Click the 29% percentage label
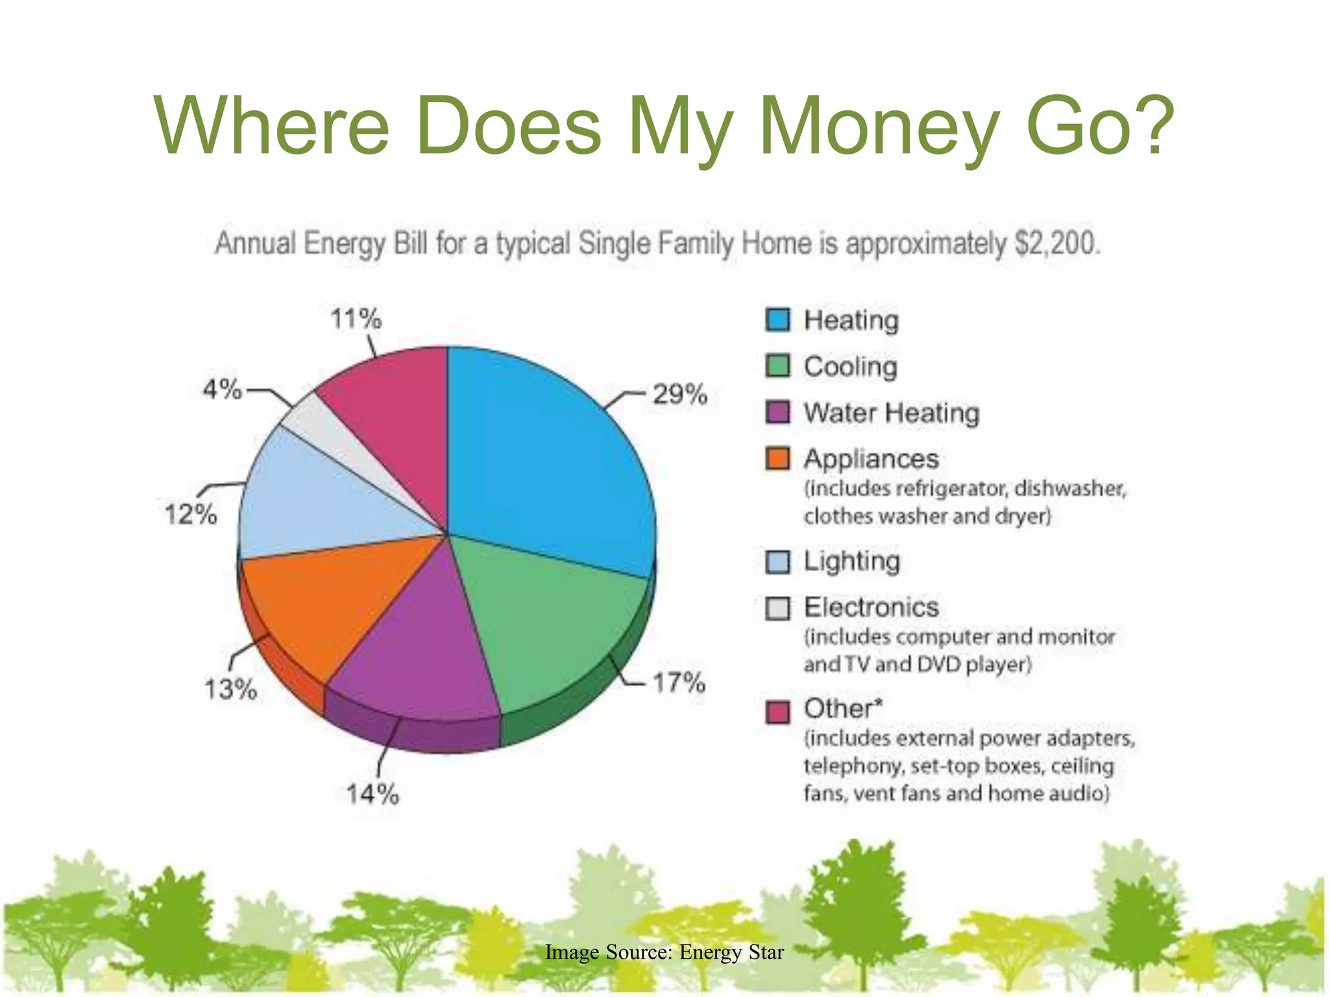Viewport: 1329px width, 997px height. [679, 394]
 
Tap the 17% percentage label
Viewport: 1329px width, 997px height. [678, 683]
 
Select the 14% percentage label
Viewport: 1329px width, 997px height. [372, 794]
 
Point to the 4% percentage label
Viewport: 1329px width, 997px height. [222, 389]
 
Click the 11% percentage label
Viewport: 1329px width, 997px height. [356, 319]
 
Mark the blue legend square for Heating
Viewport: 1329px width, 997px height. [777, 320]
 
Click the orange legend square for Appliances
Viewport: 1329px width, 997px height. [777, 459]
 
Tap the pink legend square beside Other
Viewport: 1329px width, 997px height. [777, 711]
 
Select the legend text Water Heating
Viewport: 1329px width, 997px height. [891, 413]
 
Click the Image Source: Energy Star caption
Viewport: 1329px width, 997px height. [664, 952]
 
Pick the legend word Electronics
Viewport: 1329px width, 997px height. [871, 608]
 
